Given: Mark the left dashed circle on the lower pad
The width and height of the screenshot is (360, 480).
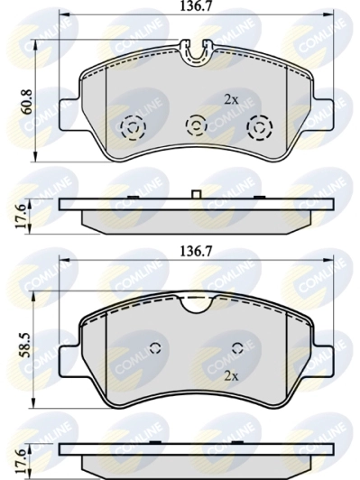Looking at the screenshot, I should point(153,349).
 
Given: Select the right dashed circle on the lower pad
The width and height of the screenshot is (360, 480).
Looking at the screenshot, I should point(237,349).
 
